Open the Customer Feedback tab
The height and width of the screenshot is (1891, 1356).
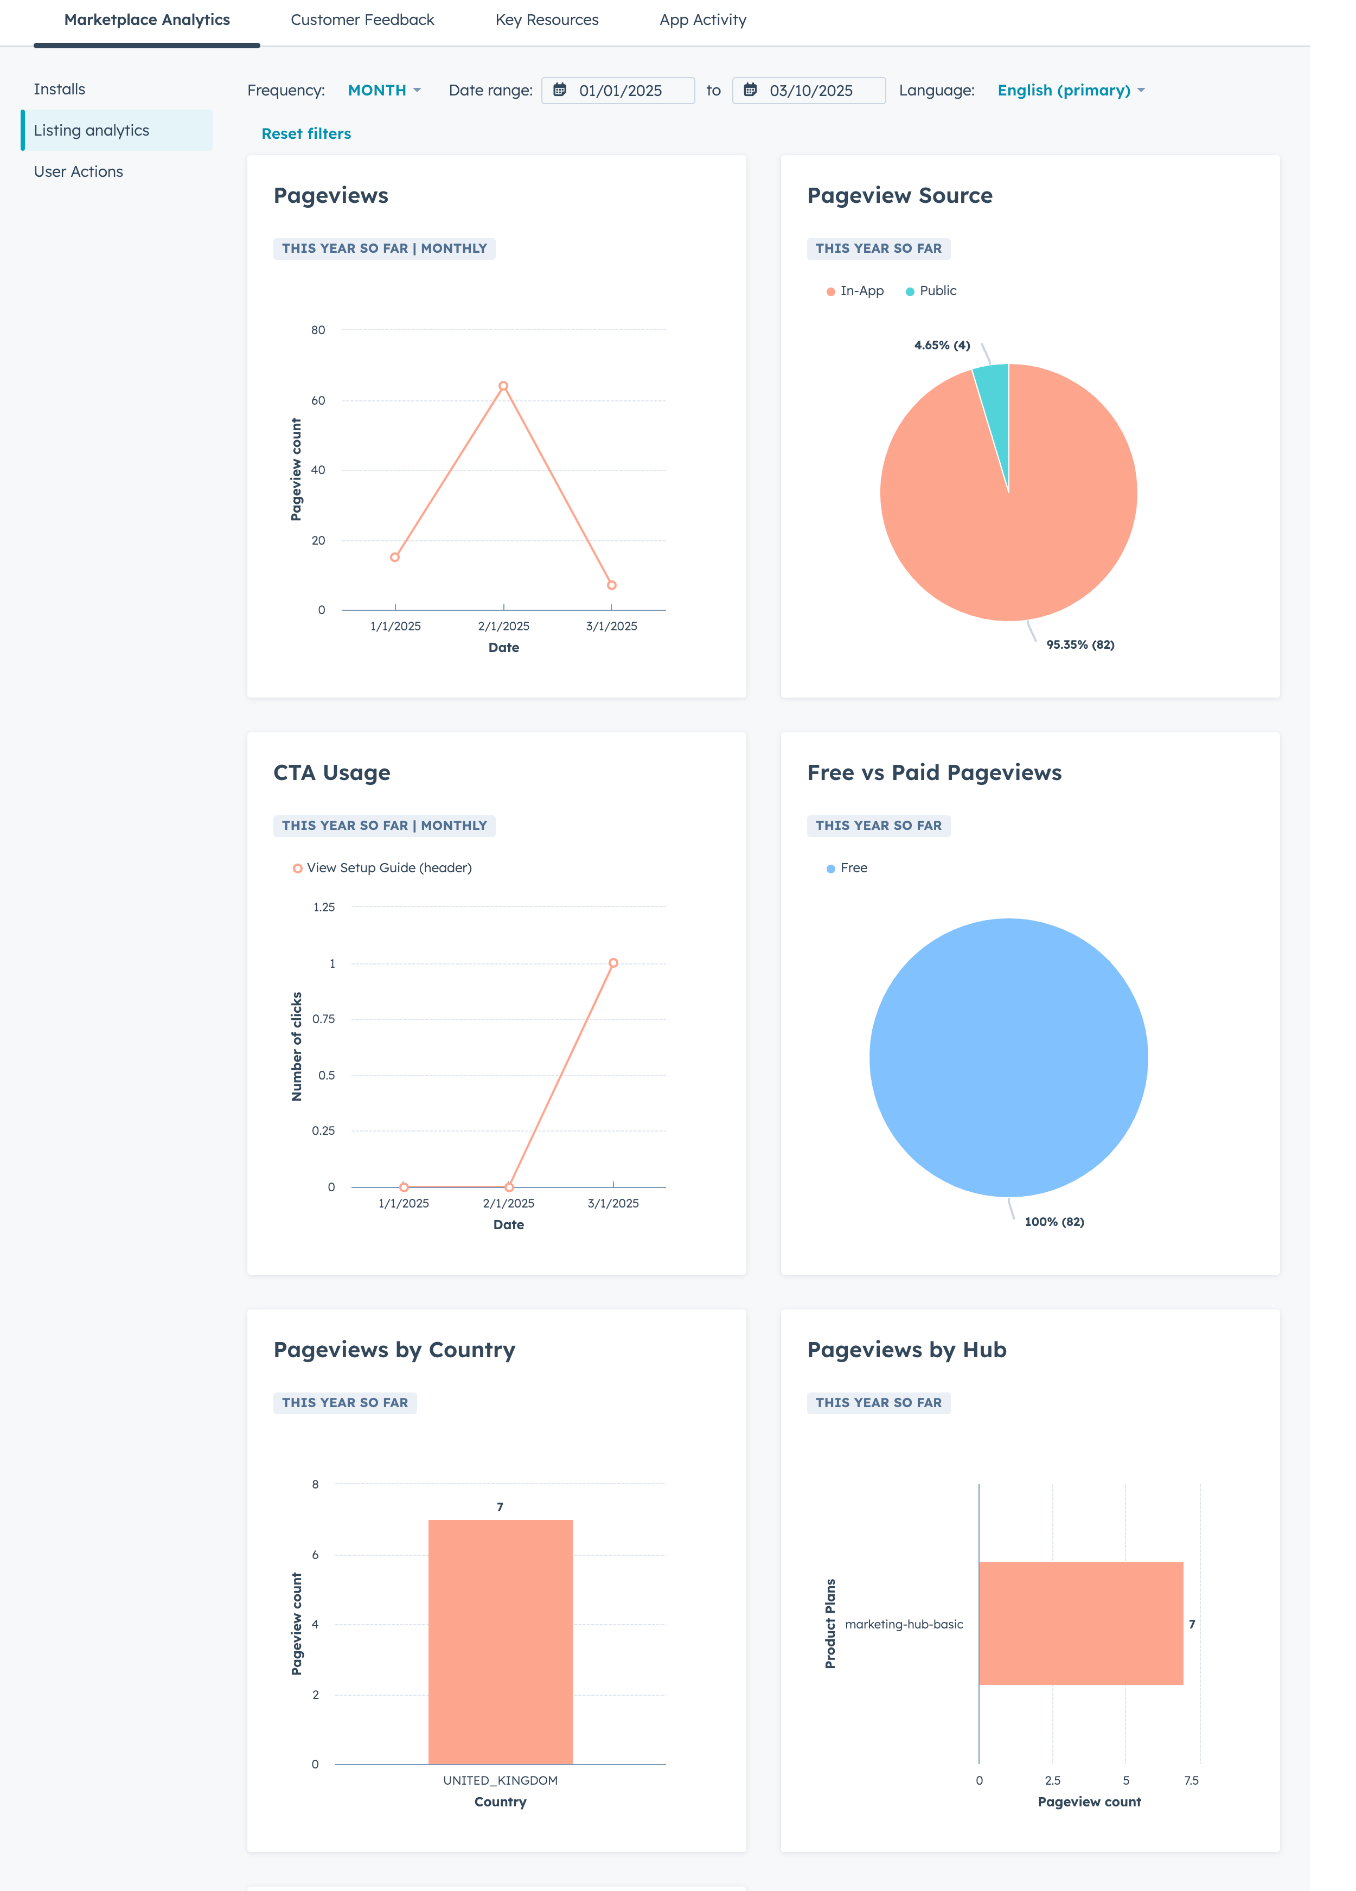pyautogui.click(x=362, y=20)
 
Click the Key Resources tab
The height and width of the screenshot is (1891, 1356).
pyautogui.click(x=547, y=20)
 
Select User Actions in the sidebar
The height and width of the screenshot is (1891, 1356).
pyautogui.click(x=78, y=172)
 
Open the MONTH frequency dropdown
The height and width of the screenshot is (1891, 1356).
pyautogui.click(x=383, y=90)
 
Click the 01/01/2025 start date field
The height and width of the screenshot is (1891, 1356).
pyautogui.click(x=618, y=90)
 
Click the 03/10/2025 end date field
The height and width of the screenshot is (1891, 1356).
pyautogui.click(x=809, y=90)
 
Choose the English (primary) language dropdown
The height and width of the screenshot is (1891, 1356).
pyautogui.click(x=1071, y=90)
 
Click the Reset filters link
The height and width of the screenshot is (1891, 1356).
pyautogui.click(x=306, y=133)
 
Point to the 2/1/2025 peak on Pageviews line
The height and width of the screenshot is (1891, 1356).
pyautogui.click(x=503, y=386)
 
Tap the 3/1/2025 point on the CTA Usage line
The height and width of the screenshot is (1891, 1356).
pyautogui.click(x=613, y=963)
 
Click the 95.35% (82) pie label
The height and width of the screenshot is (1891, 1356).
pyautogui.click(x=1080, y=644)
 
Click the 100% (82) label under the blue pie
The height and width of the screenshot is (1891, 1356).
pyautogui.click(x=1054, y=1222)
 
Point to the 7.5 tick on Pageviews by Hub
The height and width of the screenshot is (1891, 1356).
pyautogui.click(x=1192, y=1780)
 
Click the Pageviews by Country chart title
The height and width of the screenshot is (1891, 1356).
pyautogui.click(x=394, y=1350)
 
